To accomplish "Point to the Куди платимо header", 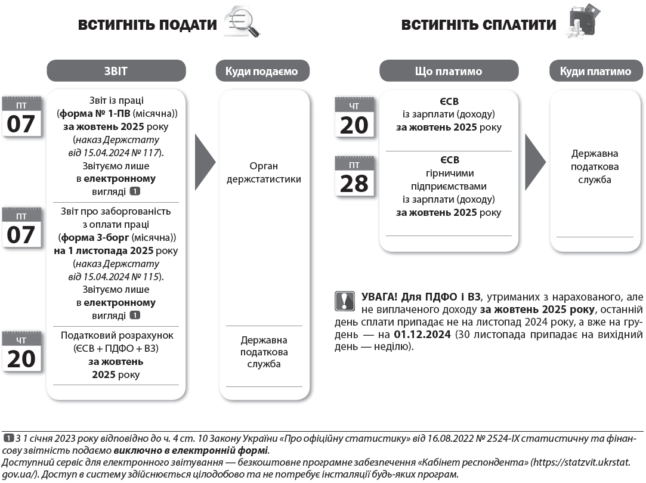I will (x=595, y=72).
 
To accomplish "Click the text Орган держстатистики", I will (x=263, y=172).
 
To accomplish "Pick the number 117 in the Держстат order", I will (x=152, y=153).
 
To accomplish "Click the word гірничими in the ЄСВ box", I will (x=445, y=174).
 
